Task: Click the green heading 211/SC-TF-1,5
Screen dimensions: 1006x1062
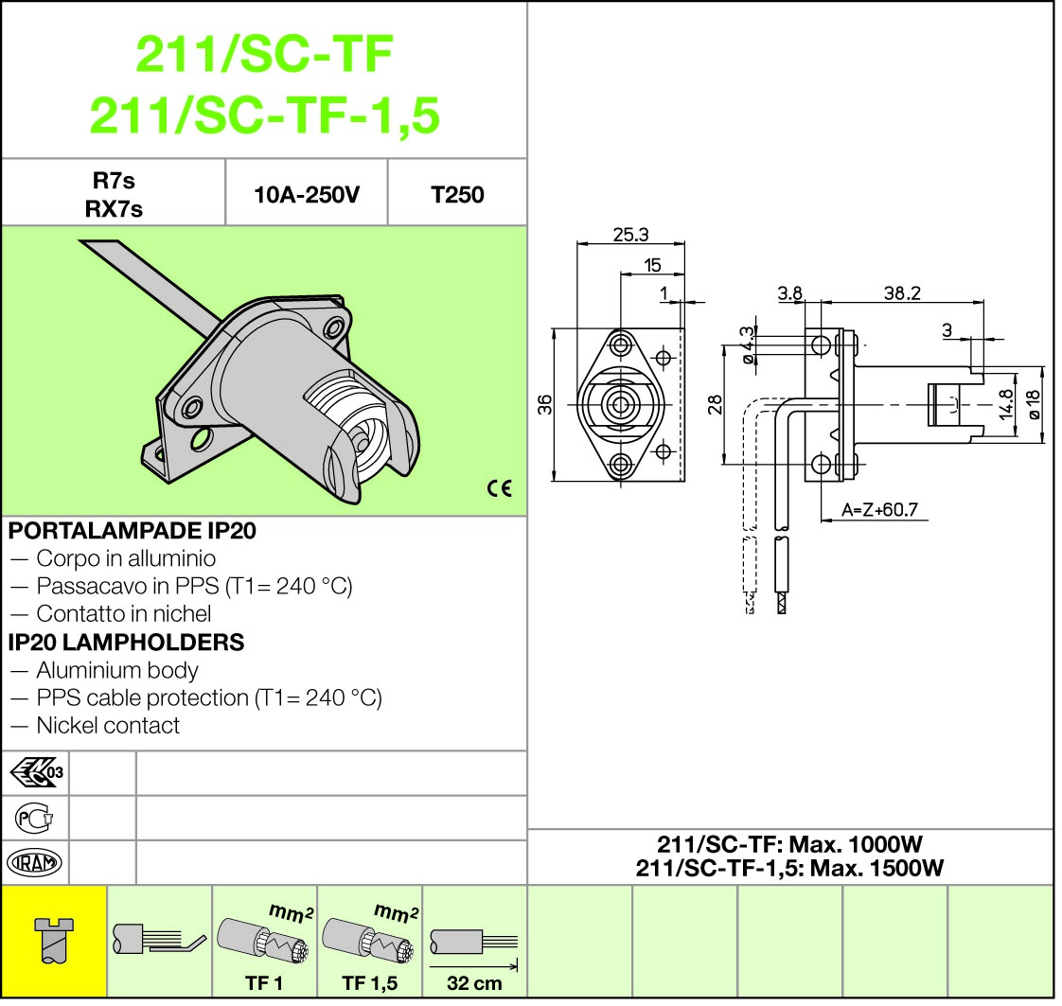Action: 264,116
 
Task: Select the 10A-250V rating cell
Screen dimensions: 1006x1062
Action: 307,195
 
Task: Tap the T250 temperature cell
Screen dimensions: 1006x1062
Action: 457,195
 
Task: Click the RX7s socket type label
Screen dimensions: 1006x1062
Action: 114,210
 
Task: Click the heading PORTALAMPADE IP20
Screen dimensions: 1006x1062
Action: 132,531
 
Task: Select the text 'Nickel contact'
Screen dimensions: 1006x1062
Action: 107,726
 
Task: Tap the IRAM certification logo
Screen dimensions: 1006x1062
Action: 34,862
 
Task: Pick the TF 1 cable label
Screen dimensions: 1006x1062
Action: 264,983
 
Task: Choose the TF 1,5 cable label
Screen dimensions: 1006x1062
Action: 369,983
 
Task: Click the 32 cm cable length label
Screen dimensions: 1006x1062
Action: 474,983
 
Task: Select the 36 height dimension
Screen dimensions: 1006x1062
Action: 545,405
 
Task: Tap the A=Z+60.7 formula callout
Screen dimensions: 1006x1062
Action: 879,511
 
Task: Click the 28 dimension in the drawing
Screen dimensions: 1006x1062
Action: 715,404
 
